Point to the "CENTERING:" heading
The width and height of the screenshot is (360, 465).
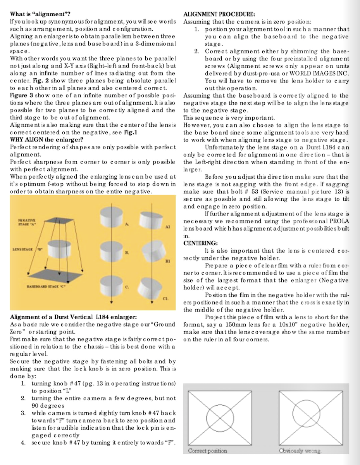pos(200,243)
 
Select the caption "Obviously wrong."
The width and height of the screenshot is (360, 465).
pos(300,451)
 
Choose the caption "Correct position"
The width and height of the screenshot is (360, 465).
pos(207,451)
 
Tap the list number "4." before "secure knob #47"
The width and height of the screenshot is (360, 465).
pos(24,442)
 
